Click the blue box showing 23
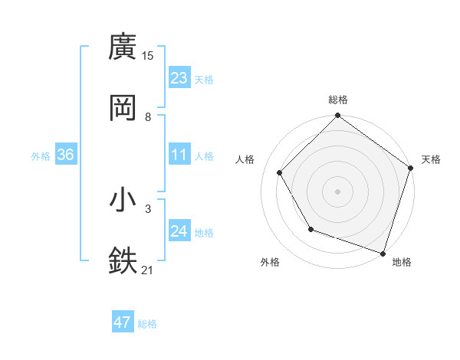pyautogui.click(x=179, y=78)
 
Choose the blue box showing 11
pyautogui.click(x=179, y=155)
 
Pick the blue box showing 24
pyautogui.click(x=179, y=231)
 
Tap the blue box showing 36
pyautogui.click(x=66, y=155)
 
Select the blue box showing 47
pyautogui.click(x=123, y=322)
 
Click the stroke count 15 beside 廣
pyautogui.click(x=148, y=55)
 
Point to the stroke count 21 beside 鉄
pyautogui.click(x=148, y=269)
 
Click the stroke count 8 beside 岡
pyautogui.click(x=148, y=116)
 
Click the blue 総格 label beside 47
pyautogui.click(x=147, y=324)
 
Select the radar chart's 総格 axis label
pyautogui.click(x=338, y=100)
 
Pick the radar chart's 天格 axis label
pyautogui.click(x=431, y=159)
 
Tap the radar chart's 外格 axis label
pyautogui.click(x=270, y=262)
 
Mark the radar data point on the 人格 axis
pyautogui.click(x=280, y=173)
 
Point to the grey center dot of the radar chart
pyautogui.click(x=338, y=191)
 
